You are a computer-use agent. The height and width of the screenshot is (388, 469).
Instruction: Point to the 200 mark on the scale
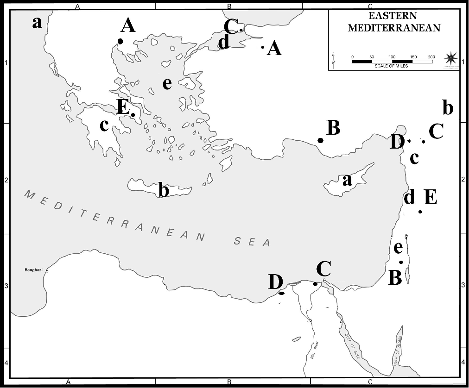[x=431, y=56]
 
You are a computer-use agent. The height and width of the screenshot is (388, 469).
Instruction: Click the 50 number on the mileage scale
[x=371, y=56]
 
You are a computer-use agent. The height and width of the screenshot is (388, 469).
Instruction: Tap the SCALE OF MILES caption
[x=392, y=66]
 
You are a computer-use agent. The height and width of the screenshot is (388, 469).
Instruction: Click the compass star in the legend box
[x=450, y=58]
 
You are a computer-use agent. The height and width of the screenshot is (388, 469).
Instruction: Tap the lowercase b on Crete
[x=163, y=190]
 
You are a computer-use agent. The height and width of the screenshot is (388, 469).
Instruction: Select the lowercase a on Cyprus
[x=347, y=180]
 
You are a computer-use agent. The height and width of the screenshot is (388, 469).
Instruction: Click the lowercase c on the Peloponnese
[x=104, y=125]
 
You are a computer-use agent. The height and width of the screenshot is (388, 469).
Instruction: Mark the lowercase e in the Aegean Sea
[x=167, y=83]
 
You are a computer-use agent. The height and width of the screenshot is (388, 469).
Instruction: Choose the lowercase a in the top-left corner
[x=37, y=22]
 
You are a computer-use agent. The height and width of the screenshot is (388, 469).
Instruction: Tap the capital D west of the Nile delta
[x=276, y=281]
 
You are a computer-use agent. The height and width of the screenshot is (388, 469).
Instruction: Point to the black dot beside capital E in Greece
[x=133, y=115]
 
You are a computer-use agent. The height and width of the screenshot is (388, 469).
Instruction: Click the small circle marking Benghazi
[x=47, y=271]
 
